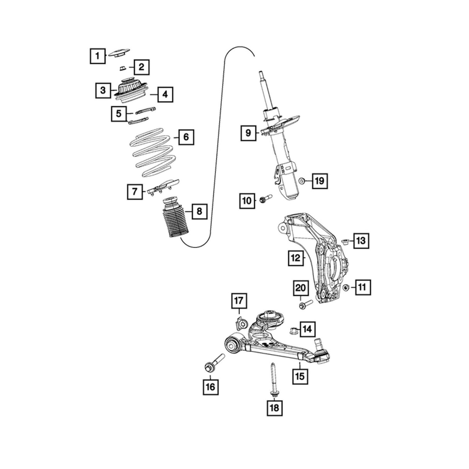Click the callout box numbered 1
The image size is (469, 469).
pyautogui.click(x=97, y=56)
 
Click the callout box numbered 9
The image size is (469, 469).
pyautogui.click(x=248, y=133)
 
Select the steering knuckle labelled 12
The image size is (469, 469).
pyautogui.click(x=323, y=257)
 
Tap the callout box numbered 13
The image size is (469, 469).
pyautogui.click(x=360, y=241)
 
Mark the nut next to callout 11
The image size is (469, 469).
pyautogui.click(x=346, y=287)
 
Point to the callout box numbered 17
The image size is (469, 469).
pyautogui.click(x=238, y=300)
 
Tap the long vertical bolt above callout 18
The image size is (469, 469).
pyautogui.click(x=273, y=379)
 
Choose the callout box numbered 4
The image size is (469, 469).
pyautogui.click(x=165, y=94)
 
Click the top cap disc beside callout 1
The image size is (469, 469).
pyautogui.click(x=118, y=53)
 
